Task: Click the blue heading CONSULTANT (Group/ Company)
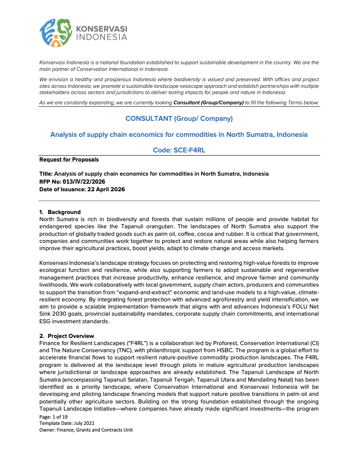179,119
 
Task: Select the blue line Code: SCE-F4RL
179,151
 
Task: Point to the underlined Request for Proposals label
69,160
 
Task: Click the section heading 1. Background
60,212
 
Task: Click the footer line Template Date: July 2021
67,423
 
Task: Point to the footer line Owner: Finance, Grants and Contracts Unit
86,430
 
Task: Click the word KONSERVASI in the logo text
102,29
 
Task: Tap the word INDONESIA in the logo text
102,37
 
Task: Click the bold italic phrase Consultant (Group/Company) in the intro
208,103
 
